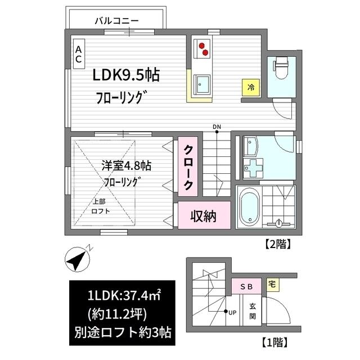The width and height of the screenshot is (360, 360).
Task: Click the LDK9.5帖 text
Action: click(124, 75)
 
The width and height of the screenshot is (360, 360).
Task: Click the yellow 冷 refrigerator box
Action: click(251, 88)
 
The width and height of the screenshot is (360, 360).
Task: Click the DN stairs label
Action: click(217, 127)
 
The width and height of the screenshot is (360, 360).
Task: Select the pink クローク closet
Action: click(188, 167)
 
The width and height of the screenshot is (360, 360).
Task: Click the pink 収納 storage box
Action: click(202, 215)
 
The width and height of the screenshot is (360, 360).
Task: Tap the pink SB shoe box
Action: click(246, 286)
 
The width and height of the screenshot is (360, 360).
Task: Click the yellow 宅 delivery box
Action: click(272, 283)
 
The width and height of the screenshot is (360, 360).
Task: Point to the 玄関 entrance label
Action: click(253, 310)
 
